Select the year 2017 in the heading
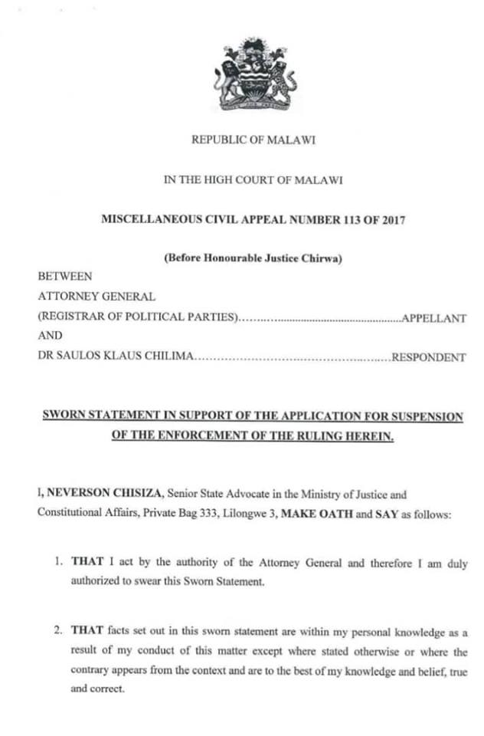(389, 219)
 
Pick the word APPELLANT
(434, 318)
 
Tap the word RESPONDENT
(429, 357)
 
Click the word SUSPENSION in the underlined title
(425, 416)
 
